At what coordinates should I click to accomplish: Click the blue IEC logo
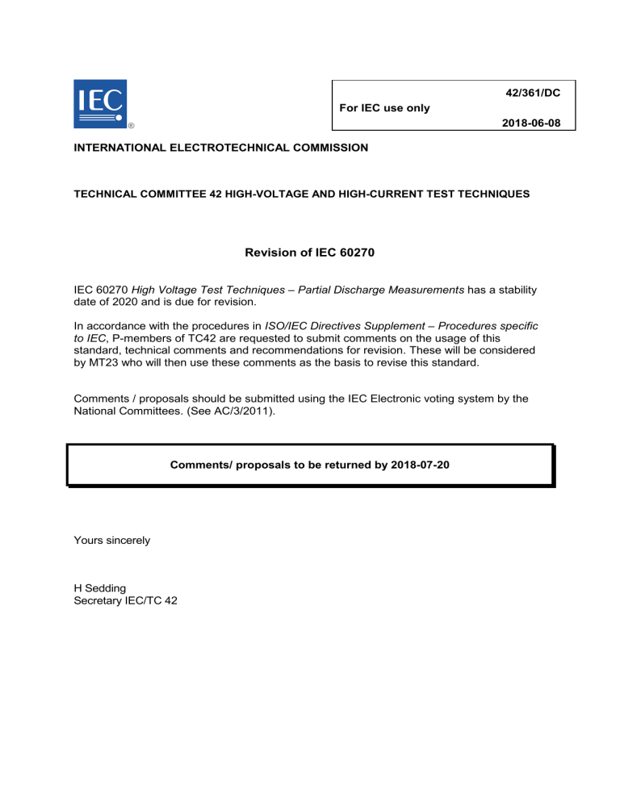point(99,102)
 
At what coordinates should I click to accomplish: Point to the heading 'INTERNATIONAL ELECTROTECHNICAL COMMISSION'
point(220,148)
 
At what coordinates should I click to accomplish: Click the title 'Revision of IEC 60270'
point(309,253)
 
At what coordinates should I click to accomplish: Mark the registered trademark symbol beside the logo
point(132,125)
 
